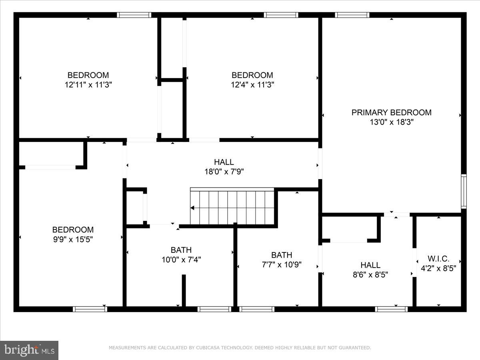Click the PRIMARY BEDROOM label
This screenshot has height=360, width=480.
(x=391, y=112)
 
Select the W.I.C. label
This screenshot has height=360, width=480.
(x=438, y=258)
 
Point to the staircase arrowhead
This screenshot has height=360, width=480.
(x=192, y=208)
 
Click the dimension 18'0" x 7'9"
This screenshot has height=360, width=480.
(x=224, y=172)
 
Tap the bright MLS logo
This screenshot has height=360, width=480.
(x=29, y=350)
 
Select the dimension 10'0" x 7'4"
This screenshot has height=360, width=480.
(x=181, y=260)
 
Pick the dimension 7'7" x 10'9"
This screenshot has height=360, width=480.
(x=282, y=265)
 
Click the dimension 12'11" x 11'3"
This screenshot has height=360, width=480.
(x=88, y=85)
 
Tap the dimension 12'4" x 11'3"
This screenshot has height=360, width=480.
(x=252, y=85)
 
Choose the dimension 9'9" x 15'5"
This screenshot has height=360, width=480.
(x=73, y=240)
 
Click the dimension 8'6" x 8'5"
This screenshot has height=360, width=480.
(x=370, y=275)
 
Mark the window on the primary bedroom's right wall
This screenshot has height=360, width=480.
(x=464, y=191)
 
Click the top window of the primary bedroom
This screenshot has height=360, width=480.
(x=352, y=15)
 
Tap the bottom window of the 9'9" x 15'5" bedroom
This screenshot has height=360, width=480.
(x=90, y=309)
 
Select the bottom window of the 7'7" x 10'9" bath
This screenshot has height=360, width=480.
(x=257, y=309)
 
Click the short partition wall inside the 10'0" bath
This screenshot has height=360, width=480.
(x=184, y=290)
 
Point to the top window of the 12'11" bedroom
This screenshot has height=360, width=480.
(x=134, y=15)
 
